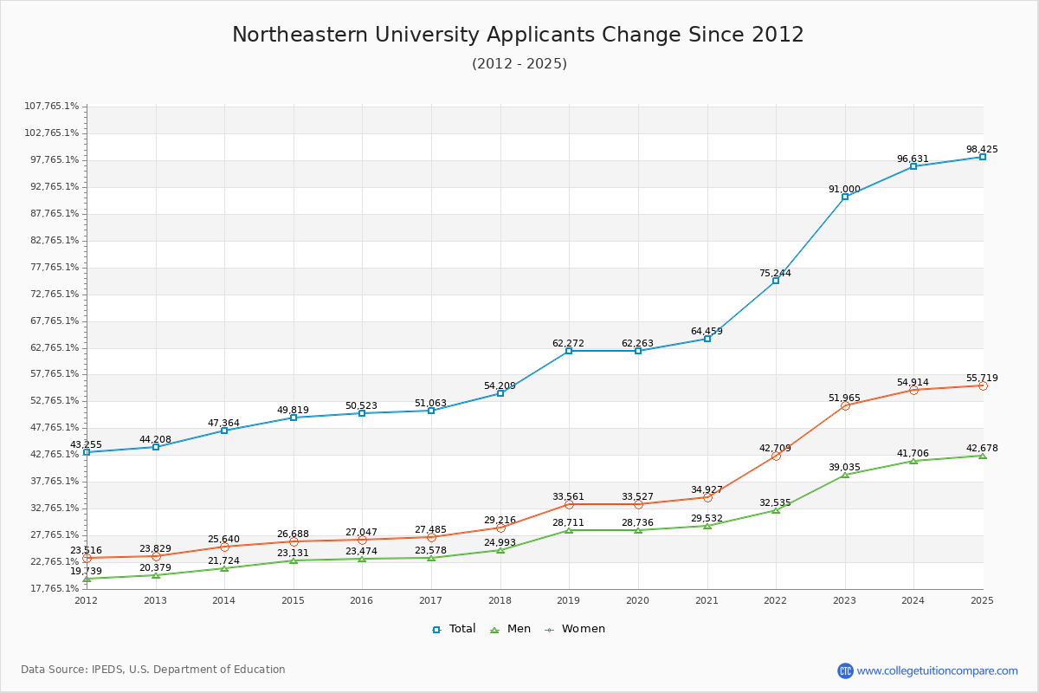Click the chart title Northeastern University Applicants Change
[518, 35]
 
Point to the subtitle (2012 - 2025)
[519, 64]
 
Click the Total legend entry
[455, 629]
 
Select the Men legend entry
[511, 629]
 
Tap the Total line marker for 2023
[845, 197]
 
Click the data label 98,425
[982, 149]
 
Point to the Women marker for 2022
[776, 456]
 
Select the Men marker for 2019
[569, 530]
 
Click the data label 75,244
[775, 273]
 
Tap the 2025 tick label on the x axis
[982, 600]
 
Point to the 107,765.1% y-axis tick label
[52, 107]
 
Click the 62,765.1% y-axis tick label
[52, 347]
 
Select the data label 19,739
[86, 571]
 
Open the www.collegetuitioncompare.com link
[937, 670]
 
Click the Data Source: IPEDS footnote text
[153, 670]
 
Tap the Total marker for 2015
[294, 418]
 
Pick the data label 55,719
[982, 378]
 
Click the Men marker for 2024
[913, 461]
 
